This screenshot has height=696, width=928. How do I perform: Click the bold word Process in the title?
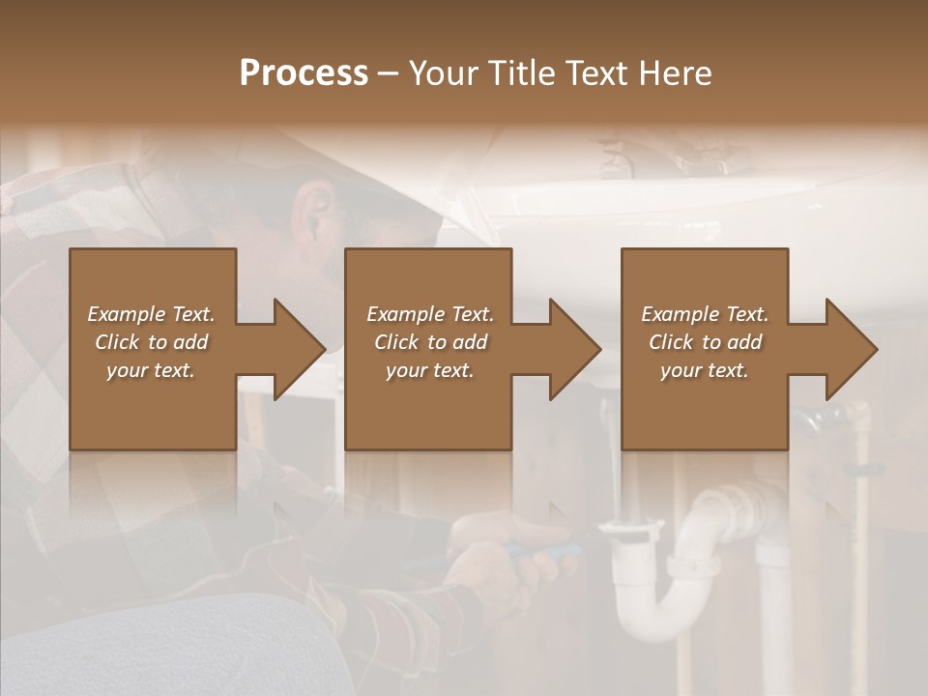coord(304,73)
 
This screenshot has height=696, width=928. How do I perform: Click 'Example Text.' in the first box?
coord(151,314)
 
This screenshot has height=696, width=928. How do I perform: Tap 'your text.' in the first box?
coord(151,370)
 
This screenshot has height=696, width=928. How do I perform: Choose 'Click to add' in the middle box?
coord(430,342)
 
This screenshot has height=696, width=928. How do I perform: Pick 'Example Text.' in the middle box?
coord(430,314)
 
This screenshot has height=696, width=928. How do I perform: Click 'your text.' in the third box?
coord(705,370)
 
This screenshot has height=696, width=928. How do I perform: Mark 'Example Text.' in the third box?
coord(705,314)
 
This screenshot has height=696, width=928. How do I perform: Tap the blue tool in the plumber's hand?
coord(541,552)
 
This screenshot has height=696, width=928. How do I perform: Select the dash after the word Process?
coord(389,73)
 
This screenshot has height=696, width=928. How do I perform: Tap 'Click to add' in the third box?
coord(705,342)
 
